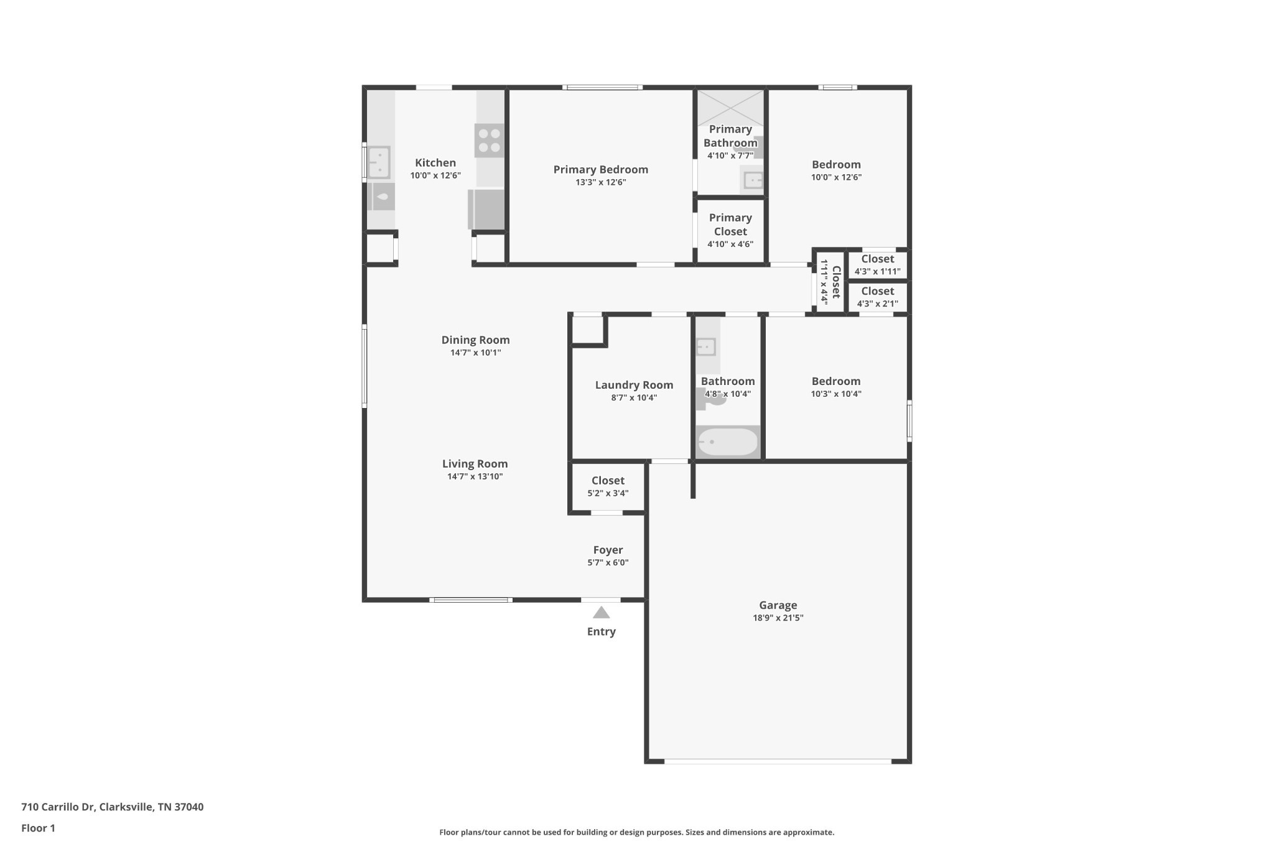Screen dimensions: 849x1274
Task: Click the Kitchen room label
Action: click(435, 163)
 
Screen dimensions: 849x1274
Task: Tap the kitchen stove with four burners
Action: click(489, 141)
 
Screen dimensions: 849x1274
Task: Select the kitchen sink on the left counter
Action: click(379, 162)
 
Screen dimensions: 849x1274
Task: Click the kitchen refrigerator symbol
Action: click(486, 210)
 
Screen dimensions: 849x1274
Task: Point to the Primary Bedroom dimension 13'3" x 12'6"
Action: click(600, 182)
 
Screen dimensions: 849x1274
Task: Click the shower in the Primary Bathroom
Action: click(730, 108)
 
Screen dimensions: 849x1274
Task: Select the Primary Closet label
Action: click(730, 225)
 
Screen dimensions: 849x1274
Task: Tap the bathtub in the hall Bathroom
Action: click(728, 442)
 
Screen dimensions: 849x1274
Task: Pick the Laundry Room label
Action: click(634, 385)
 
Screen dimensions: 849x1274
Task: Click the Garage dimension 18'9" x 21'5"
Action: click(778, 618)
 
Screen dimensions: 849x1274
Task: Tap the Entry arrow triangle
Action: click(601, 613)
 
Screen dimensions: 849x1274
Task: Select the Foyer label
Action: click(608, 550)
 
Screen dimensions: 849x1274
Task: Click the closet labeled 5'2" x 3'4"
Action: click(608, 486)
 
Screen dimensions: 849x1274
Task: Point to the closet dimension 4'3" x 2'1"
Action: click(877, 304)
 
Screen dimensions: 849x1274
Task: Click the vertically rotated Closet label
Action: click(836, 282)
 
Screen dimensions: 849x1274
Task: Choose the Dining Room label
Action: click(475, 340)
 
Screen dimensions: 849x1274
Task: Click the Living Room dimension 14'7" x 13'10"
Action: click(475, 476)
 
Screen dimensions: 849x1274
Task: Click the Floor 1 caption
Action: click(38, 828)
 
